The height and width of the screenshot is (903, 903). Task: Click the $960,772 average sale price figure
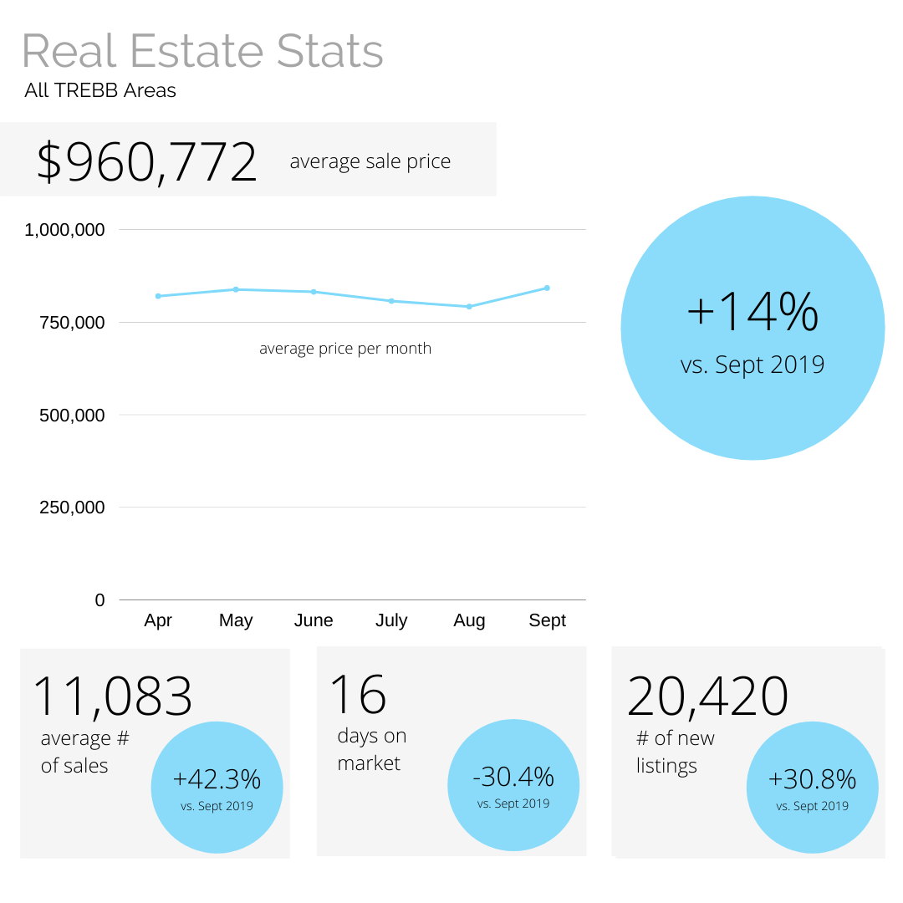(x=147, y=162)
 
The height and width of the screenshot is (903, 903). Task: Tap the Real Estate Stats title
(x=202, y=52)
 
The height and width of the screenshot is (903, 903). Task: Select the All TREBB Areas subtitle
(x=100, y=90)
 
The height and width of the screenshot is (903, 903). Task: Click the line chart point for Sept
(x=547, y=288)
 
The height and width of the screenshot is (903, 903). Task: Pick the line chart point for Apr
(x=158, y=296)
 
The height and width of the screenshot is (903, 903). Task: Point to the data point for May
(x=236, y=289)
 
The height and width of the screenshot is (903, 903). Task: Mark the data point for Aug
(x=469, y=307)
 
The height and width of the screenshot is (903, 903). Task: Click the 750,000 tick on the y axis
(x=73, y=323)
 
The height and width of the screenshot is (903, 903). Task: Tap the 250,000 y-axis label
(x=73, y=508)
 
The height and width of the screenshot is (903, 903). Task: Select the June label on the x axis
(x=314, y=620)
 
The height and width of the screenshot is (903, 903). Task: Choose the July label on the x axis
(x=391, y=620)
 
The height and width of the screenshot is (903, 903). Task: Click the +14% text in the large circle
(x=752, y=311)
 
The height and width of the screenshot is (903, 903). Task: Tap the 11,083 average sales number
(x=113, y=696)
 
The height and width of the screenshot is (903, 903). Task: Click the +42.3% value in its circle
(x=217, y=779)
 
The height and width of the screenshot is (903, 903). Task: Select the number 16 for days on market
(x=358, y=694)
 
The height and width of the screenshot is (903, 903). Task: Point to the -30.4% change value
(x=513, y=777)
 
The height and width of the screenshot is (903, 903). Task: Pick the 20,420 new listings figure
(x=708, y=696)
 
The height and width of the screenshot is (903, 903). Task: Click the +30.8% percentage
(x=812, y=779)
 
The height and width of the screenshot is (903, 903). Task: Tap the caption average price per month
(x=345, y=349)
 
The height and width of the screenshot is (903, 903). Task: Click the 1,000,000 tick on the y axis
(x=65, y=230)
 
